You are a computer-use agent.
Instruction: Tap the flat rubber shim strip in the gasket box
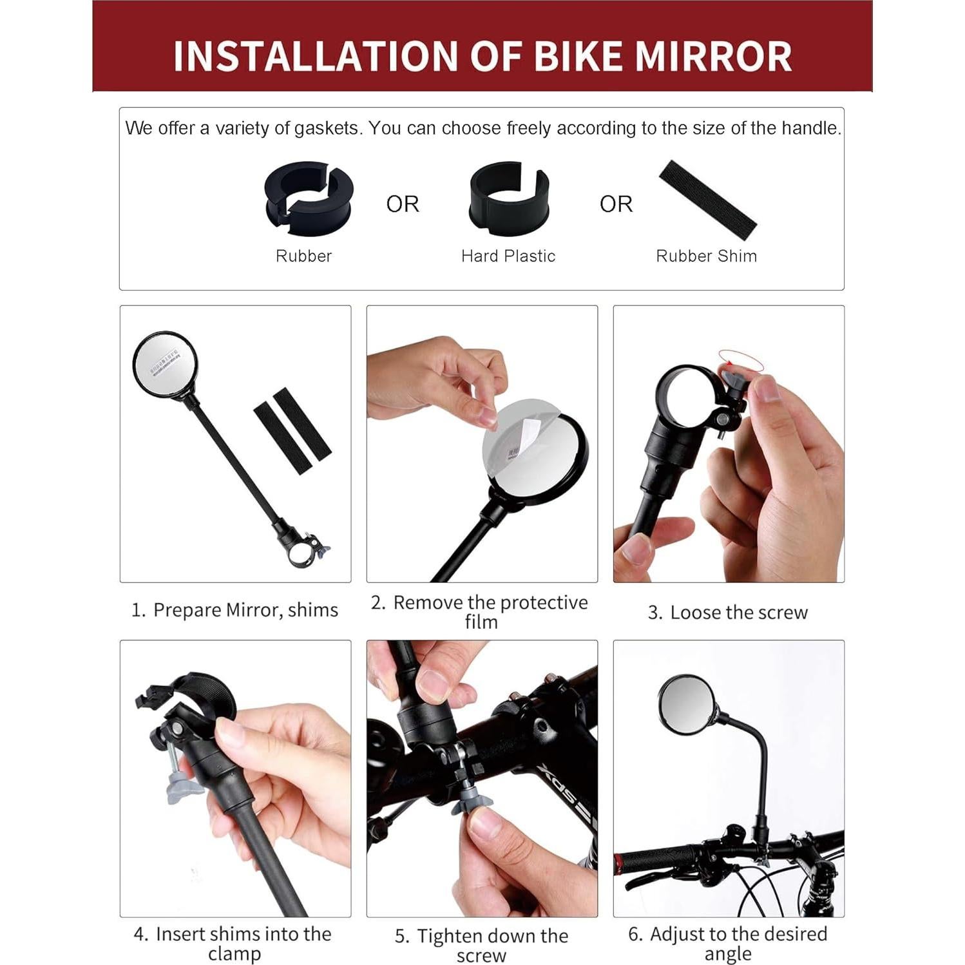pos(707,199)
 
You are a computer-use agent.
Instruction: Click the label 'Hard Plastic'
pos(508,256)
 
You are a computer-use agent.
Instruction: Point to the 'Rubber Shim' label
pos(706,256)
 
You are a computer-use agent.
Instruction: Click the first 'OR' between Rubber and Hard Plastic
pos(402,204)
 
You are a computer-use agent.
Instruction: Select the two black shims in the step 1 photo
pos(292,430)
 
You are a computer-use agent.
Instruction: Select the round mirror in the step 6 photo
pos(687,705)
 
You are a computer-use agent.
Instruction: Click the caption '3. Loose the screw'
pos(727,612)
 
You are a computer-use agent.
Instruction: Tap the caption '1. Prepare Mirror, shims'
pos(234,609)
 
